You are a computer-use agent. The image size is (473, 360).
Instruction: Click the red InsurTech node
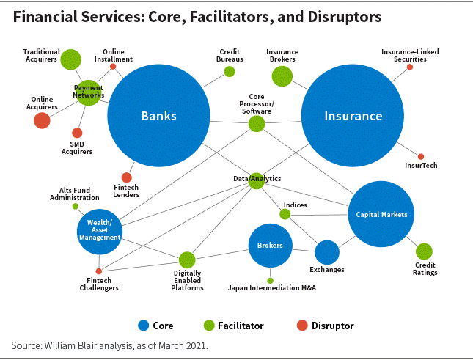click(x=421, y=156)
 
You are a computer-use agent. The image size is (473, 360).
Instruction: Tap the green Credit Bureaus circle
click(x=230, y=71)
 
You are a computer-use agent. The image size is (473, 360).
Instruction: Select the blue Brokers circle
click(x=271, y=246)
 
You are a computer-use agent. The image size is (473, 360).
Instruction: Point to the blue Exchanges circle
click(x=327, y=252)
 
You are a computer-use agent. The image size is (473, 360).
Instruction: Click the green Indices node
click(x=285, y=214)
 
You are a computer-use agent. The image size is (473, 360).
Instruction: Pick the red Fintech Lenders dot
click(x=126, y=177)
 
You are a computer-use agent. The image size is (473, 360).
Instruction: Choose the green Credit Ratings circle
click(x=424, y=251)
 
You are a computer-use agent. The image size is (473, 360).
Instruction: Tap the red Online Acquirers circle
click(x=42, y=120)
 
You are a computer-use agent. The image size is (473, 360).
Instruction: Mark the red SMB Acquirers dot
click(x=77, y=133)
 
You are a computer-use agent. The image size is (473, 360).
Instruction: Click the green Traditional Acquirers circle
click(x=70, y=59)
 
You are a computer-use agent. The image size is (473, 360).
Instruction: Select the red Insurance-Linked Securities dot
click(x=410, y=67)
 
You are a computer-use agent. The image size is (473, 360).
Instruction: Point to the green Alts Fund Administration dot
click(x=76, y=207)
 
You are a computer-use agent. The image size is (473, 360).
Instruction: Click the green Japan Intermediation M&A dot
click(x=271, y=281)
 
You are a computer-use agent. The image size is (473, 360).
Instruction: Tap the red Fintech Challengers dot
click(x=99, y=271)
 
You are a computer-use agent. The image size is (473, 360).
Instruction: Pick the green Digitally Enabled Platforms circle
click(x=187, y=260)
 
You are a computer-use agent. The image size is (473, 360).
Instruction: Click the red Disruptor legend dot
click(x=302, y=326)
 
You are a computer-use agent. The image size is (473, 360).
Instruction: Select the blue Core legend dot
click(x=143, y=326)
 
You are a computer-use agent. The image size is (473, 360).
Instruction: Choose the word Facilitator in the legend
click(x=241, y=326)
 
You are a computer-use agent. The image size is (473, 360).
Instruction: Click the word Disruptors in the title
click(x=345, y=17)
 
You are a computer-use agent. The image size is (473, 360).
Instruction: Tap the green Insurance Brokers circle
click(x=282, y=76)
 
